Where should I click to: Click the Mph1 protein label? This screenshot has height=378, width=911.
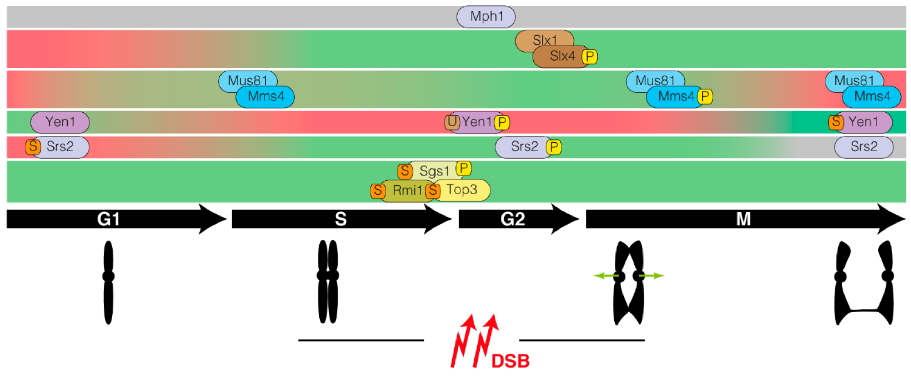(x=486, y=16)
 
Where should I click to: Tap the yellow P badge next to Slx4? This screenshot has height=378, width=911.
(x=590, y=57)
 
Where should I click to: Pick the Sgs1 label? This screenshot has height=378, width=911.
(x=434, y=171)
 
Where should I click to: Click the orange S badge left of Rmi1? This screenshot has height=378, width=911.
(x=377, y=191)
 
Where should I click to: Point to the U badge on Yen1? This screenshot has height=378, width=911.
(x=452, y=122)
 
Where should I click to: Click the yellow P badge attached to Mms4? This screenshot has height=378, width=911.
(x=705, y=97)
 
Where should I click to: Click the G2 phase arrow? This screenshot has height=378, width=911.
(x=513, y=219)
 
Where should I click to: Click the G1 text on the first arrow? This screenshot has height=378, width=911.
(x=108, y=219)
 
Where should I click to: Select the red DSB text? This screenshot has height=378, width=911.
(x=510, y=361)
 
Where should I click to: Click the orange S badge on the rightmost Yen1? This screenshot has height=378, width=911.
(x=836, y=122)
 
